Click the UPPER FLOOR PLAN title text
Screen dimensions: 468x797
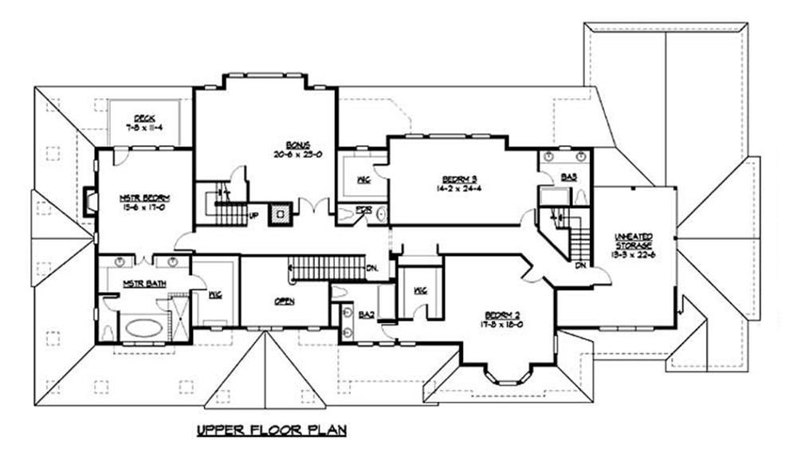[x=273, y=431]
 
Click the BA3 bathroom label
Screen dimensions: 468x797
[x=568, y=177]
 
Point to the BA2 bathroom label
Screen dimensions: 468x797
[x=367, y=315]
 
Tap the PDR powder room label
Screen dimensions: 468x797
[x=364, y=210]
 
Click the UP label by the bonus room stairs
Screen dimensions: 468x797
[x=253, y=215]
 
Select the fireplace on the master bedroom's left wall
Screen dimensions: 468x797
[x=91, y=200]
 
